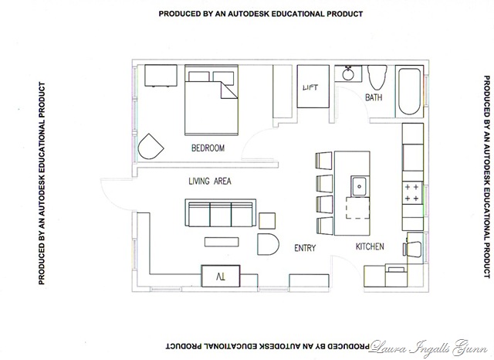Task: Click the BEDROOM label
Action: [x=208, y=148]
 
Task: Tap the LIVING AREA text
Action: [x=210, y=182]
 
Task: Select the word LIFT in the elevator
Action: [x=310, y=87]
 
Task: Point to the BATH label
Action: [x=374, y=97]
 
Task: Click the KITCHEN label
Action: [x=370, y=246]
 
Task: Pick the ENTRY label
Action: [x=305, y=248]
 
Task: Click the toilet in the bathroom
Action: [x=377, y=77]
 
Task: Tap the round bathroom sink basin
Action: [x=348, y=74]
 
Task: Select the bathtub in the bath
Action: [x=409, y=91]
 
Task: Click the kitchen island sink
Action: [x=359, y=186]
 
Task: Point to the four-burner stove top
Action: [x=412, y=192]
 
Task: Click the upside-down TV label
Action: [x=221, y=277]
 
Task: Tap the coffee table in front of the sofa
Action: [x=222, y=242]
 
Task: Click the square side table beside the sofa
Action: [x=267, y=221]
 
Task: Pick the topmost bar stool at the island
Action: [x=323, y=161]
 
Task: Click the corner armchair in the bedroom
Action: [x=151, y=147]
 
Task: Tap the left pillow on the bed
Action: [x=199, y=78]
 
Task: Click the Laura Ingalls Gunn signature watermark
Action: [x=428, y=348]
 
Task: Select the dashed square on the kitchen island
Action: [x=357, y=208]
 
